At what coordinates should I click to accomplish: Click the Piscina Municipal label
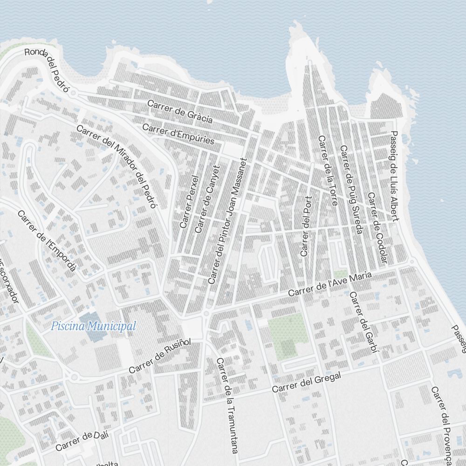pyautogui.click(x=94, y=326)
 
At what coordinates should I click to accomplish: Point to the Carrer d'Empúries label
pyautogui.click(x=178, y=134)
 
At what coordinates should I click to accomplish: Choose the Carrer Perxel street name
pyautogui.click(x=189, y=202)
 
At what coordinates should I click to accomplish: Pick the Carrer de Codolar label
pyautogui.click(x=377, y=227)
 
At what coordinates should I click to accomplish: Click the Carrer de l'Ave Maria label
pyautogui.click(x=330, y=285)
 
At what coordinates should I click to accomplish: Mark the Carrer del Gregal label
pyautogui.click(x=307, y=383)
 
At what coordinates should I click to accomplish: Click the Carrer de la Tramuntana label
pyautogui.click(x=227, y=405)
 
